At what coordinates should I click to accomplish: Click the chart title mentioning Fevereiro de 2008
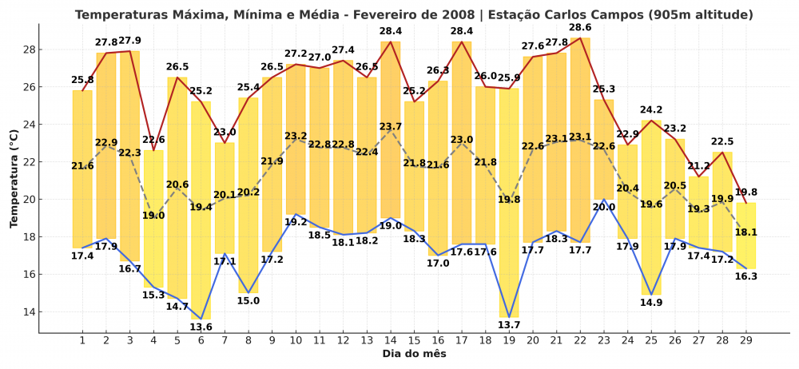point(413,14)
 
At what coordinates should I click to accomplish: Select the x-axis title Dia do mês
point(413,353)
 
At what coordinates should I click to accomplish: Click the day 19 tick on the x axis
point(509,340)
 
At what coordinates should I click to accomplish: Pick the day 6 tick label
point(201,340)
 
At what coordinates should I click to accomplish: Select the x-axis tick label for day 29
point(745,340)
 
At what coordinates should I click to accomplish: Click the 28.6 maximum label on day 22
point(580,27)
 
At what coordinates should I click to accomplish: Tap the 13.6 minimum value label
point(201,327)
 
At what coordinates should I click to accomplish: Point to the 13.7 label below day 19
point(509,325)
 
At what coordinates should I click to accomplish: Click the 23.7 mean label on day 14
point(391,126)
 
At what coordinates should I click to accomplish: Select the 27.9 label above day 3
point(129,41)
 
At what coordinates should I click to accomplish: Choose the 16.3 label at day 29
point(745,276)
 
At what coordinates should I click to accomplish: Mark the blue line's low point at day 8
point(248,293)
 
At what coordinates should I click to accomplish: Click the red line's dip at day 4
point(153,150)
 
